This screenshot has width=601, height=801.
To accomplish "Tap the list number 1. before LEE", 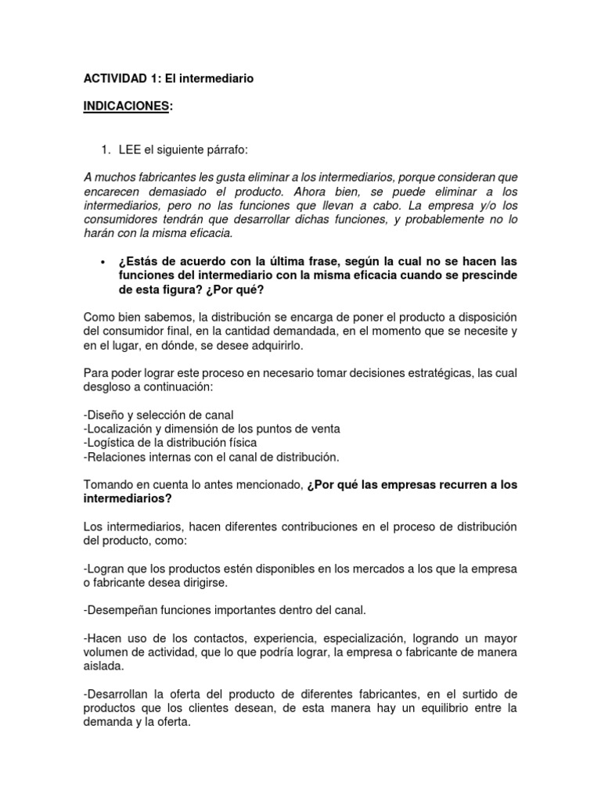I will (x=107, y=150).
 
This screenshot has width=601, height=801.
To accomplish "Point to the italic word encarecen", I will (x=112, y=192).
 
